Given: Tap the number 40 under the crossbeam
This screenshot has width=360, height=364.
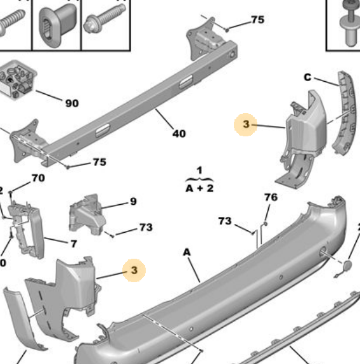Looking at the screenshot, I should [x=179, y=133].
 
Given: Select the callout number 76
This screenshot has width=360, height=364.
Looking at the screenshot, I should [x=271, y=197].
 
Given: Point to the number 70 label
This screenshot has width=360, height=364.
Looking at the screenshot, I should [x=38, y=178].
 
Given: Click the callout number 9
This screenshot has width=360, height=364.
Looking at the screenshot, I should [x=133, y=202].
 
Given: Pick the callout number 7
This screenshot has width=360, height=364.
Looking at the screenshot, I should [x=74, y=244].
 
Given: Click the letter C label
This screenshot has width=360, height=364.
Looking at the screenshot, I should [x=307, y=77].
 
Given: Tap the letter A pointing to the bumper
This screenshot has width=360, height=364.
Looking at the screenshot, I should [x=187, y=252].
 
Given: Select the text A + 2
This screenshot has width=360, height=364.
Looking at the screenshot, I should [x=199, y=188].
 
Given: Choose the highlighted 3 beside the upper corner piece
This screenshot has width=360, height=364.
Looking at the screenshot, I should [x=246, y=125].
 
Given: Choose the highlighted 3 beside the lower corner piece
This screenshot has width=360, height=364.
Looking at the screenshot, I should [x=134, y=270].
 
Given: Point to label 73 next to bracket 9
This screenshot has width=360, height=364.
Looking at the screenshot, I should [x=146, y=227].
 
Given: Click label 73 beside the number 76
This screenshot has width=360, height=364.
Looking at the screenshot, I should [x=225, y=221].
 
